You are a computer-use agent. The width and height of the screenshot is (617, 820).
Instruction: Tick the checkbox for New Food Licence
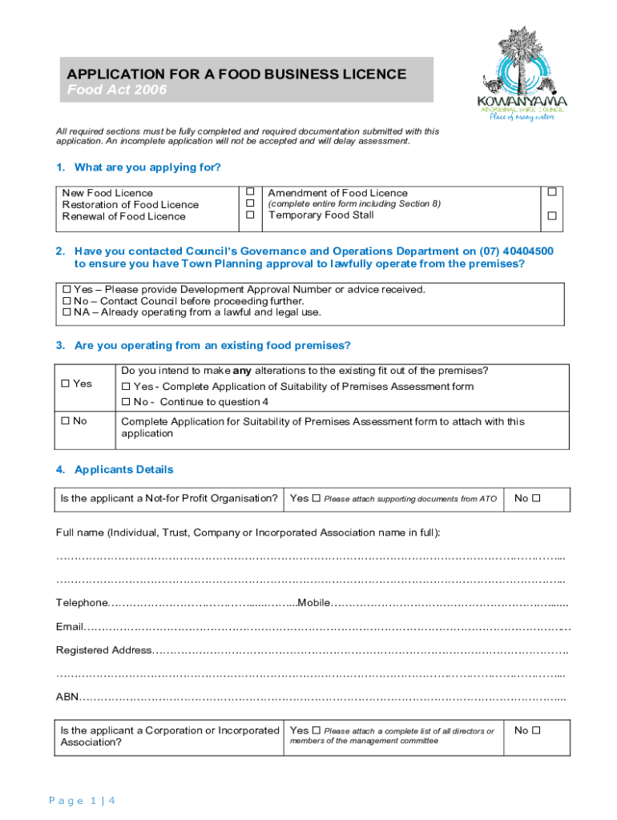(250, 192)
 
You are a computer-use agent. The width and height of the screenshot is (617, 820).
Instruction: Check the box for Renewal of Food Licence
(250, 215)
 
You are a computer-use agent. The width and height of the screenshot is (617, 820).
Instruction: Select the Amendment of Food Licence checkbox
(550, 192)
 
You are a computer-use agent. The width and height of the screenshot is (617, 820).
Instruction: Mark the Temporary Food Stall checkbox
(550, 216)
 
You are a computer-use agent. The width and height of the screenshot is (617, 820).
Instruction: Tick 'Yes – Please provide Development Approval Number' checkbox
(67, 289)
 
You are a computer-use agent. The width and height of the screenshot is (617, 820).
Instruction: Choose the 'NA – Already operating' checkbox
(67, 312)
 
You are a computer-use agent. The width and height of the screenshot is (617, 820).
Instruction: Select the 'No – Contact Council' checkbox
(67, 301)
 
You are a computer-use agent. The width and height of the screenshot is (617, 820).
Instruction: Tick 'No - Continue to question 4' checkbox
(126, 402)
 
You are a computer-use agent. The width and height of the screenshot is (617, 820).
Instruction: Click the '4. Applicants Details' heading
(115, 469)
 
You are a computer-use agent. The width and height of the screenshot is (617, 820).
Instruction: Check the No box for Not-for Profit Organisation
(537, 498)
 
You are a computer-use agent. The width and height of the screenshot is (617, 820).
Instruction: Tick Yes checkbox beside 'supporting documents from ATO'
(317, 498)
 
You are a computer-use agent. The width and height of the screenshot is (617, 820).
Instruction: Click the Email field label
(69, 626)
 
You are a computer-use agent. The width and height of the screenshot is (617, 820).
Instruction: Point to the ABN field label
(67, 697)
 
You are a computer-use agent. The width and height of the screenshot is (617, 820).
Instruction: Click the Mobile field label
(313, 602)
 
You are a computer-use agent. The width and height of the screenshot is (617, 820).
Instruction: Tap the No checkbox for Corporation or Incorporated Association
(537, 730)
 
